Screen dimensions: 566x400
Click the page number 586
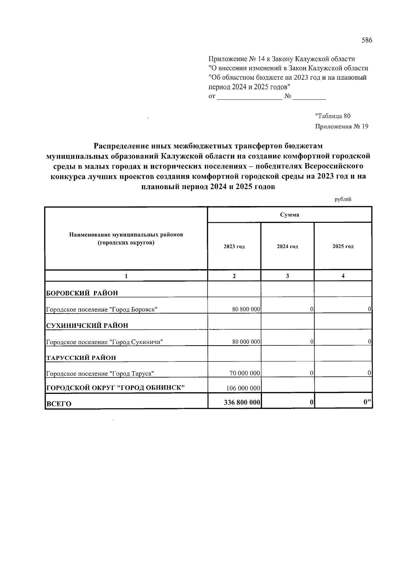367,41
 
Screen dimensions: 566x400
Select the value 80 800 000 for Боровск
246,309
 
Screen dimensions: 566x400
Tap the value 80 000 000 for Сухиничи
246,342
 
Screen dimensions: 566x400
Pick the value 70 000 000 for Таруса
245,373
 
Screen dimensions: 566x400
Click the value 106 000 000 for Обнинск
243,388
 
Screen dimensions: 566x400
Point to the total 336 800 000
242,403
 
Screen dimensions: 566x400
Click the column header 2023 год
234,247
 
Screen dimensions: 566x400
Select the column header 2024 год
287,247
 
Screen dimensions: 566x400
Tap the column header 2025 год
343,247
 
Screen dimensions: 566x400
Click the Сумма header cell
289,215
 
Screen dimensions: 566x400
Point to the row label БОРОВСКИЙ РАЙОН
82,293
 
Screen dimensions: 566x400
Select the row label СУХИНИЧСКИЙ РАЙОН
87,326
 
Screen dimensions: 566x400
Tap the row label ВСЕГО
59,404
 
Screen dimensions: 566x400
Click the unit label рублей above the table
343,199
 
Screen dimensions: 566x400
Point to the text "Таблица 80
333,116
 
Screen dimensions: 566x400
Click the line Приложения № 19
341,127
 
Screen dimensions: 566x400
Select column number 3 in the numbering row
287,276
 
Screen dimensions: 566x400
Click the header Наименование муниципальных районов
126,235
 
